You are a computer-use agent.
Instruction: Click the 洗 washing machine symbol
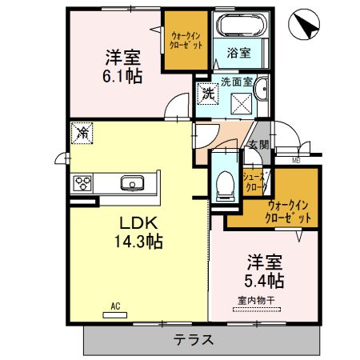point(207,93)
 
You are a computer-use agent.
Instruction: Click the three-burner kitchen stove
point(83,183)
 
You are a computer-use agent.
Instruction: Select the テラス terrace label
point(194,339)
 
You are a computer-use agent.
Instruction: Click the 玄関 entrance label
point(258,145)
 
